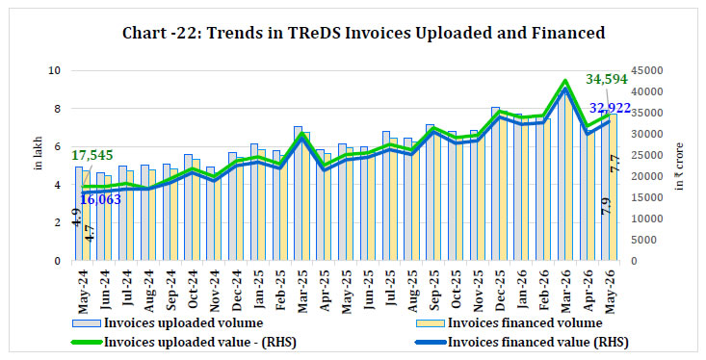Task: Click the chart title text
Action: click(x=364, y=33)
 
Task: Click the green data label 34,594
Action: click(x=606, y=79)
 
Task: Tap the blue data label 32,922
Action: click(x=610, y=108)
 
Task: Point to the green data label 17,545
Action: click(x=92, y=155)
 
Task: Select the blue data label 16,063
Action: click(x=101, y=199)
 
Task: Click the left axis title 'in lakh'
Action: click(x=39, y=153)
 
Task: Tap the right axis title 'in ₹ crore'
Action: click(x=679, y=167)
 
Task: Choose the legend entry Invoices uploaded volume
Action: click(x=168, y=322)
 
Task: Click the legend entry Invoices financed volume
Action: click(x=510, y=322)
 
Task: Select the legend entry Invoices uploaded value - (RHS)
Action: click(x=184, y=342)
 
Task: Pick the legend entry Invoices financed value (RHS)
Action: click(x=522, y=342)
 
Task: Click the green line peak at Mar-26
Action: click(x=565, y=81)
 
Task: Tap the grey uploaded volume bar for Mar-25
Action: click(x=298, y=193)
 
